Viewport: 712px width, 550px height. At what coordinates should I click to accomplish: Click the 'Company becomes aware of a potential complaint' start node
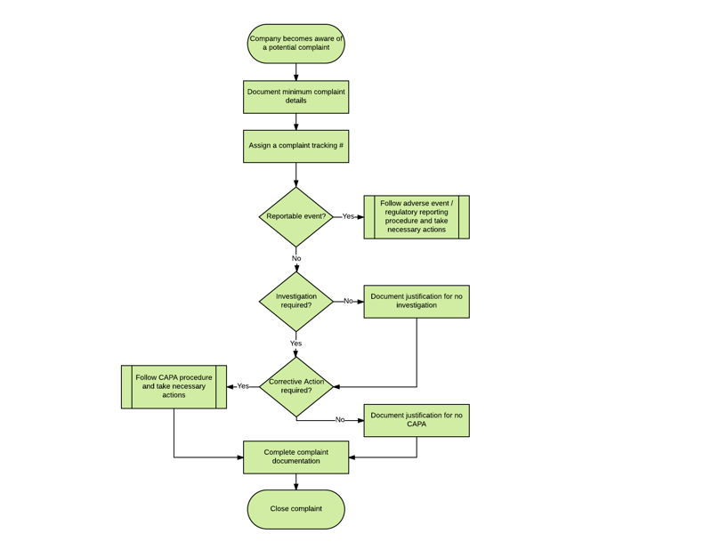[x=295, y=44]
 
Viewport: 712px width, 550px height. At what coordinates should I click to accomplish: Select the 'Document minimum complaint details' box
[x=295, y=97]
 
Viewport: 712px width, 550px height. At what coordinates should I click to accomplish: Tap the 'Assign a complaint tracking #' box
[x=295, y=146]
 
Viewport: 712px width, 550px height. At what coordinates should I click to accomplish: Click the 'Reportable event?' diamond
[x=295, y=216]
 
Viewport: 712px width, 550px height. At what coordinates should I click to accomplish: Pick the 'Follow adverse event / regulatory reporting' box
[x=416, y=217]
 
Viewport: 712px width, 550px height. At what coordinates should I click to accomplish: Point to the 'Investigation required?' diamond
[x=295, y=302]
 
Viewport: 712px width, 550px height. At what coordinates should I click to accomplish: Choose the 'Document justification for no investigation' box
[x=416, y=302]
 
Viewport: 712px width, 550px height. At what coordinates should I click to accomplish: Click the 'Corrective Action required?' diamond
[x=295, y=386]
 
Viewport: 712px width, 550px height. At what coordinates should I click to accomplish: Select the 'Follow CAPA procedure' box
[x=174, y=386]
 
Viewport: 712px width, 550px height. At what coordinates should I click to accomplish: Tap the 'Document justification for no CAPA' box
[x=416, y=420]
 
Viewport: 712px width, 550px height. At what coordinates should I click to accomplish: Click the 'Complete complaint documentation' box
[x=295, y=457]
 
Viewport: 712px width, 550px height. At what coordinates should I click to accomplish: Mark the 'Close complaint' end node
[x=295, y=509]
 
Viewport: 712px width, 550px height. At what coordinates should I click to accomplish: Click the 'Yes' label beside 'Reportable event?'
[x=348, y=216]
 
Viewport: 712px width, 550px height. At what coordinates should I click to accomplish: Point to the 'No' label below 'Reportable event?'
[x=296, y=259]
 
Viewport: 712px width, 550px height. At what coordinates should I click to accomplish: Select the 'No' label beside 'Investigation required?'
[x=348, y=301]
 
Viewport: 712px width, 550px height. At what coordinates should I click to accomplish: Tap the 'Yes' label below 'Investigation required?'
[x=295, y=344]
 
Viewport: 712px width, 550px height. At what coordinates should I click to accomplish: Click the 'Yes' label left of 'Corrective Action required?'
[x=243, y=386]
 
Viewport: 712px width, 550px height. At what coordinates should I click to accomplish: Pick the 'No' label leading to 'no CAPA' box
[x=340, y=420]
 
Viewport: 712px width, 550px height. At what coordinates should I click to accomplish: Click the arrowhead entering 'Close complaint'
[x=296, y=486]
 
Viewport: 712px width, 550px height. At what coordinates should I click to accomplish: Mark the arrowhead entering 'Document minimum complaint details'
[x=296, y=77]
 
